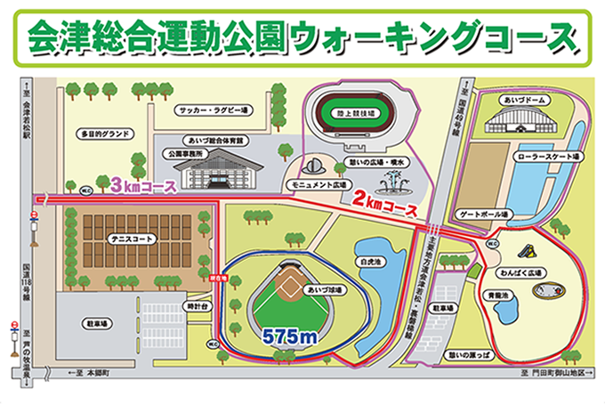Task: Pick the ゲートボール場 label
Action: tap(482, 215)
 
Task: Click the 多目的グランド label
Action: tap(105, 134)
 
